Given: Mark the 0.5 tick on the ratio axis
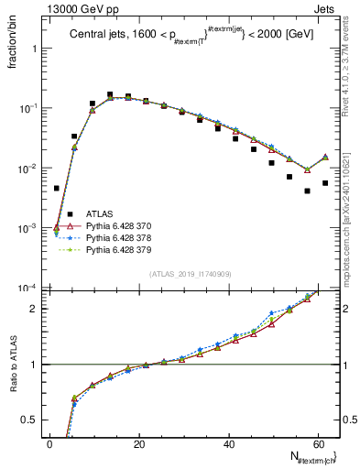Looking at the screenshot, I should [34, 420].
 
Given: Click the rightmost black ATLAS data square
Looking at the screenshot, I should [325, 183].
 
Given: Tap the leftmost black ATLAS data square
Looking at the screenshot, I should [57, 188].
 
